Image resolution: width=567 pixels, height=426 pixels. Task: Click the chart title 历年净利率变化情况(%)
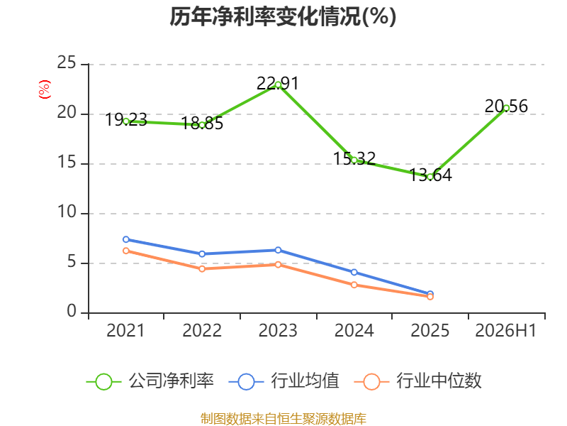point(283,16)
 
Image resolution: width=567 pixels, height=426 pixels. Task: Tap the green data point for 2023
point(278,84)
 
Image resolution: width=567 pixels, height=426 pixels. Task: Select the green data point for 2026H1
point(506,108)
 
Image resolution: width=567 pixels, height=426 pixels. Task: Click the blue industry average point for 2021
point(126,239)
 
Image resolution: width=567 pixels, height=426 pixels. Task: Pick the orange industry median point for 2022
point(202,269)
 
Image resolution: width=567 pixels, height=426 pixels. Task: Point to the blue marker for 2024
point(354,272)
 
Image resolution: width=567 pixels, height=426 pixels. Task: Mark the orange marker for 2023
point(278,265)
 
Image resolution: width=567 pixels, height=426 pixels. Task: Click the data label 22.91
point(278,83)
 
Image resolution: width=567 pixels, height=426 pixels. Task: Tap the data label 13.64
point(430,175)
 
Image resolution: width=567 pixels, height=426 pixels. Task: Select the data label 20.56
point(506,106)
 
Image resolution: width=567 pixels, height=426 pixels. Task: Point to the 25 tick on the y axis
point(67,62)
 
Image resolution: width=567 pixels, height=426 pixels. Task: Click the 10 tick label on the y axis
point(67,212)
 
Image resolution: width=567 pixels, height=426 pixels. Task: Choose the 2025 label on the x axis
point(430,330)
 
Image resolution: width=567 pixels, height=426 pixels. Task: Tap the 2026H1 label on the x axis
point(506,330)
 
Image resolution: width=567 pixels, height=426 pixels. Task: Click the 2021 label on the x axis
point(125,330)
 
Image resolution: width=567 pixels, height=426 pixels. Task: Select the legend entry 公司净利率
point(150,381)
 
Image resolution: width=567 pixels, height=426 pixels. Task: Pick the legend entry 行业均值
point(284,381)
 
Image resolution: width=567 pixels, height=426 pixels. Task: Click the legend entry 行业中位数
point(417,381)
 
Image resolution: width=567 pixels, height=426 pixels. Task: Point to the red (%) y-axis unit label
point(45,89)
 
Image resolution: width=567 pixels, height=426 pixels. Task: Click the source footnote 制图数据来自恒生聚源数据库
point(283,418)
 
